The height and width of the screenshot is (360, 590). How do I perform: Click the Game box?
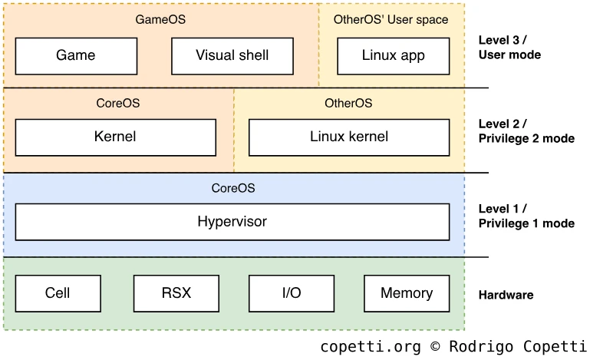pyautogui.click(x=76, y=55)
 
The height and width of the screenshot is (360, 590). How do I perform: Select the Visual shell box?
pyautogui.click(x=232, y=55)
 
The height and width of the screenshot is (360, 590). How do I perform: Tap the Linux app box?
pyautogui.click(x=392, y=55)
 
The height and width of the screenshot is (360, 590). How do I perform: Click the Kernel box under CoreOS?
pyautogui.click(x=115, y=137)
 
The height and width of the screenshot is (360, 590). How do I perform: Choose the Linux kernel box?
pyautogui.click(x=349, y=137)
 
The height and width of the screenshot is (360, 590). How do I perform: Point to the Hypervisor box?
pyautogui.click(x=232, y=222)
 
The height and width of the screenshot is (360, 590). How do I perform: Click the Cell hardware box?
pyautogui.click(x=58, y=293)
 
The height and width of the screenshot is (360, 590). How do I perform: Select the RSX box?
pyautogui.click(x=176, y=293)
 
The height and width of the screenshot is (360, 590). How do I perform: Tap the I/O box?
pyautogui.click(x=291, y=293)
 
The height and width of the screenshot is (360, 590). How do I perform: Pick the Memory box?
pyautogui.click(x=407, y=293)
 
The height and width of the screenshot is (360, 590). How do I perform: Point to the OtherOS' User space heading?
pyautogui.click(x=391, y=19)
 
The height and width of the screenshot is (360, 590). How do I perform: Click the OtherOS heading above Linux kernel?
pyautogui.click(x=348, y=103)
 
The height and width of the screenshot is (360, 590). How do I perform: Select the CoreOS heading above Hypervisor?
pyautogui.click(x=232, y=187)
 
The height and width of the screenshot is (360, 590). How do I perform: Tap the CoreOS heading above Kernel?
pyautogui.click(x=118, y=103)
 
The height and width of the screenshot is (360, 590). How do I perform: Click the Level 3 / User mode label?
pyautogui.click(x=509, y=48)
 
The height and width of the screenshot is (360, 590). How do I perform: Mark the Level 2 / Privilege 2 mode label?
pyautogui.click(x=526, y=131)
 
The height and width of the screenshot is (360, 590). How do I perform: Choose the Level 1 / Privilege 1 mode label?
pyautogui.click(x=526, y=216)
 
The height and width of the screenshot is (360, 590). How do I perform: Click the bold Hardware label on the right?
pyautogui.click(x=506, y=295)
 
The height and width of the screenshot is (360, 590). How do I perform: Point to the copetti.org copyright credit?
pyautogui.click(x=453, y=347)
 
